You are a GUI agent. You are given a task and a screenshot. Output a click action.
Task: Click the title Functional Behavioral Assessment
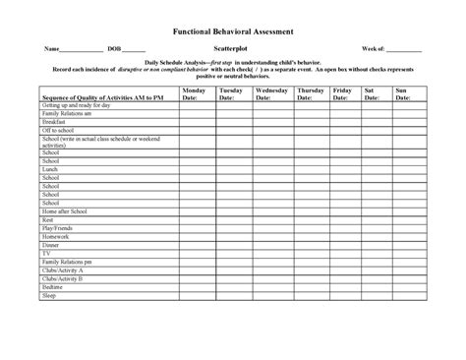coord(233,31)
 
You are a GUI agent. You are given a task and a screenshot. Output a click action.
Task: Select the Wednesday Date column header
coord(271,93)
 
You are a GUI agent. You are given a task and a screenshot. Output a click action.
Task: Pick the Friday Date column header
coord(341,93)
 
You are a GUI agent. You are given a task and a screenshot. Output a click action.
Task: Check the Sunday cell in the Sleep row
coord(407,295)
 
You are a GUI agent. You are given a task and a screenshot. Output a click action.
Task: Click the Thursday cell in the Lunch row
coord(310,168)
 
